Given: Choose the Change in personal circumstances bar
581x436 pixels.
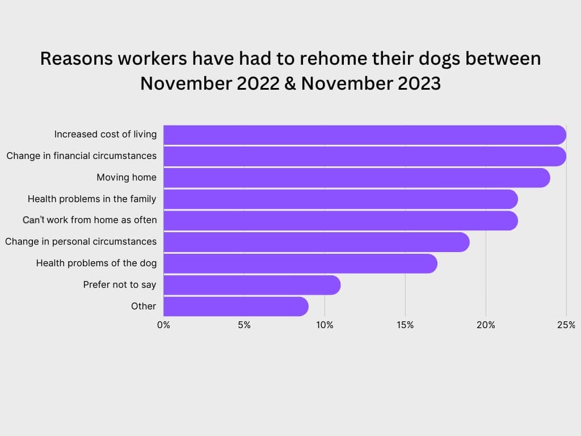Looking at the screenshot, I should click(x=316, y=242).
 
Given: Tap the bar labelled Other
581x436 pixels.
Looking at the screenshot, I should click(x=235, y=306).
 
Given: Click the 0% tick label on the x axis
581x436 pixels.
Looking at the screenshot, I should click(x=163, y=325).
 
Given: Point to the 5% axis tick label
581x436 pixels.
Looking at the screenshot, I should click(x=244, y=325).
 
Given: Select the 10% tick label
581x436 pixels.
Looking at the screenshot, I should click(x=325, y=325).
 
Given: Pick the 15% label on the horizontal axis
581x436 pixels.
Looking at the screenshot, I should click(x=405, y=325).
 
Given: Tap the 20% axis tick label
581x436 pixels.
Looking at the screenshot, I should click(x=486, y=325).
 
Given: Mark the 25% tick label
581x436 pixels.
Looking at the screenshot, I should click(x=566, y=325).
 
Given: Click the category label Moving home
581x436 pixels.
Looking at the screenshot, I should click(x=126, y=178).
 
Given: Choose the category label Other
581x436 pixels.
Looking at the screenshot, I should click(x=143, y=306).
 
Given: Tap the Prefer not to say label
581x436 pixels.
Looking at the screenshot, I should click(x=119, y=284).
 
